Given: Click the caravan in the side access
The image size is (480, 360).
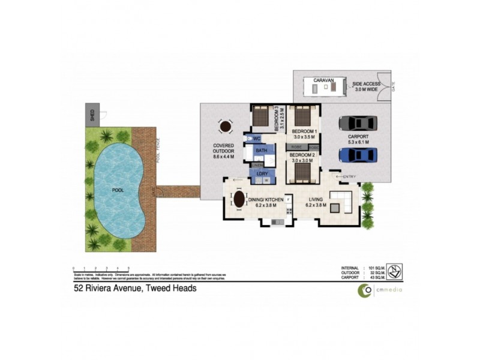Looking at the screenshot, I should point(325,88).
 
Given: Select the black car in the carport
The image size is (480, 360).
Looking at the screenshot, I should point(357,123).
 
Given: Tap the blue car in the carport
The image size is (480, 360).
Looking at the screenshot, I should point(357,155).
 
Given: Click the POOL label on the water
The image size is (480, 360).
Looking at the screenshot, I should point(119,190).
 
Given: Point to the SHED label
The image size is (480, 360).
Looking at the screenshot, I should point(92,115).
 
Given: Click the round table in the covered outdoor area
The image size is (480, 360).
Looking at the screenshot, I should point(225,127).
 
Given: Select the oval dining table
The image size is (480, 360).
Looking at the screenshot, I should point(239,199).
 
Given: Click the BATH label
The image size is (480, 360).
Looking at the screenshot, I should point(262,151).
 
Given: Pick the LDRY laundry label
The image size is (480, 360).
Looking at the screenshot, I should point(262,173).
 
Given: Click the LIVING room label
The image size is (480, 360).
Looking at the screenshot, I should point(316,200).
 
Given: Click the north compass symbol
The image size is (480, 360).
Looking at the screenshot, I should point(394,271).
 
